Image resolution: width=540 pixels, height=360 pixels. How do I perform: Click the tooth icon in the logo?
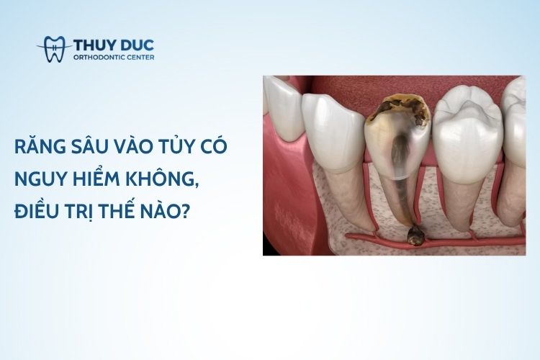point(55,49)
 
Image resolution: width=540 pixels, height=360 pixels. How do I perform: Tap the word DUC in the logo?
point(138,45)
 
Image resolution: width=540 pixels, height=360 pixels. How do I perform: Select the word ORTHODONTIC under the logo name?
point(100,58)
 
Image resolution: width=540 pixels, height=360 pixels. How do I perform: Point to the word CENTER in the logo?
point(141,58)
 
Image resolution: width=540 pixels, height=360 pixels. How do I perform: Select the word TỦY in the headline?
point(181,145)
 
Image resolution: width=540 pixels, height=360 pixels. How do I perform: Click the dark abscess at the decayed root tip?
point(415,236)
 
